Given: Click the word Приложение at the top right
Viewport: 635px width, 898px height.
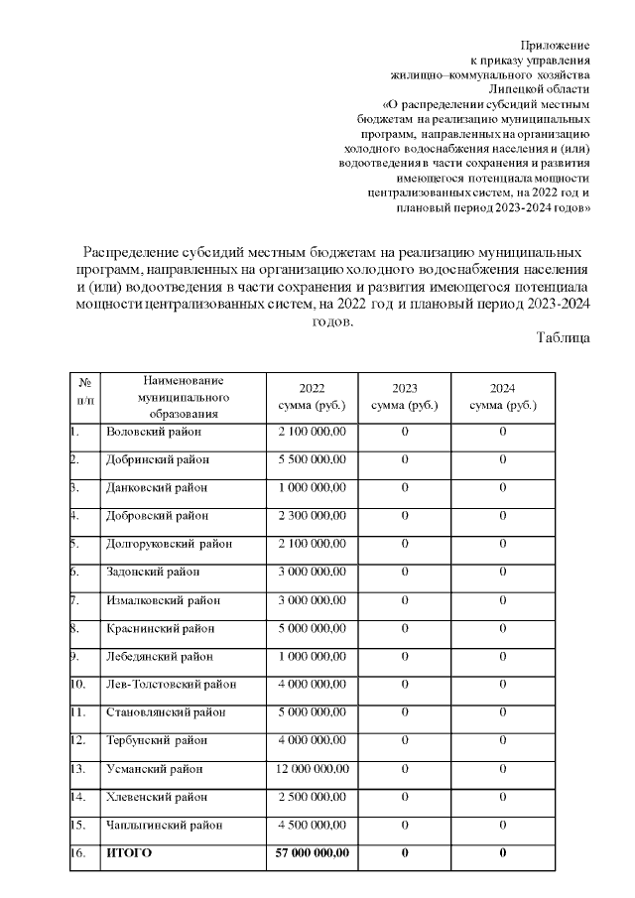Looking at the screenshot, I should tap(556, 46).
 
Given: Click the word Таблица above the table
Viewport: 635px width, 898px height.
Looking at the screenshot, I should tap(564, 337).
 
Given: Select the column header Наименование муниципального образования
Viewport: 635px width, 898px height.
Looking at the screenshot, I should tap(184, 397).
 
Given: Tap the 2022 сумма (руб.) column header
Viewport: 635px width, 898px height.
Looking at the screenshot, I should tap(312, 397).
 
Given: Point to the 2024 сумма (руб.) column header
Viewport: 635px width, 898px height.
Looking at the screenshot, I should tap(502, 397).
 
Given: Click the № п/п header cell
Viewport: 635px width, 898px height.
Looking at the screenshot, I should tap(85, 397).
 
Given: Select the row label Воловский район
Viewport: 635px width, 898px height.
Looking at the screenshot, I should tap(153, 432).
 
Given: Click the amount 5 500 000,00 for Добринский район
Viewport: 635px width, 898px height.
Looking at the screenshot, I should tap(312, 459).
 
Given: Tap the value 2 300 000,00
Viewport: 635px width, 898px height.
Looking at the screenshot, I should tap(312, 516).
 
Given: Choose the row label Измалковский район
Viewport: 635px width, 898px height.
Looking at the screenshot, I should tap(163, 600).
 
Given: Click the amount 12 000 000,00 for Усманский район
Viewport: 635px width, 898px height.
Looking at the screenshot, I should tap(312, 769).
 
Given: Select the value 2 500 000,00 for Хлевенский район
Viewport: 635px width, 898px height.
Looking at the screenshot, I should tap(312, 797).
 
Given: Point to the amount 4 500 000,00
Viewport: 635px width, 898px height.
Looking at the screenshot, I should tap(312, 825).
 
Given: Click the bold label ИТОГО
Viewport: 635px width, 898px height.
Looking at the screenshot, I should tap(129, 853).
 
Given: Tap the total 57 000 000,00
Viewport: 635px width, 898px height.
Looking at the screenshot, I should tap(312, 853).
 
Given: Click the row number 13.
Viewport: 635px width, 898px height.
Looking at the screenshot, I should tap(78, 769).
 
